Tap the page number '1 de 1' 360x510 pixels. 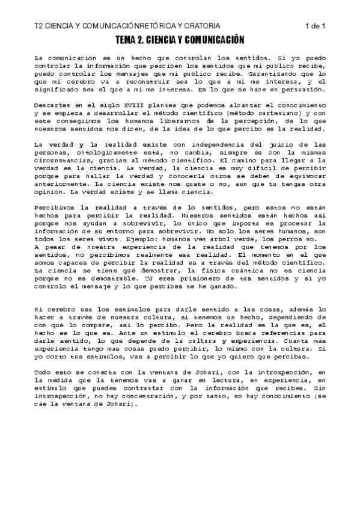tap(315, 26)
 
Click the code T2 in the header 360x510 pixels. tap(39, 26)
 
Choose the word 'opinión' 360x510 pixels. tap(51, 192)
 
